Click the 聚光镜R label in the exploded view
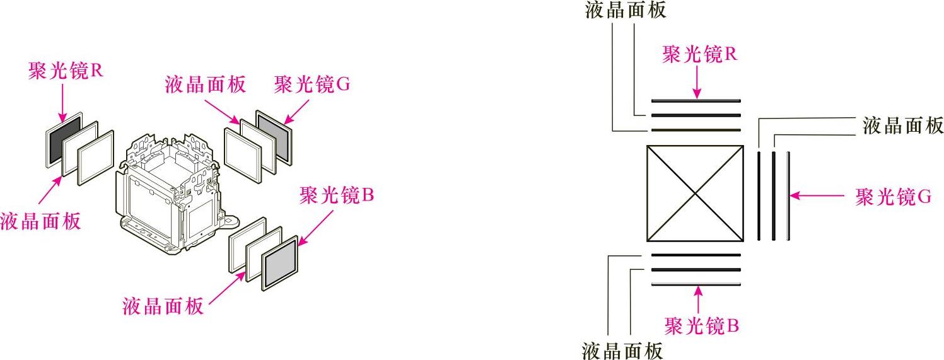(x=66, y=71)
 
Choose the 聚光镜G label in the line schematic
(x=893, y=197)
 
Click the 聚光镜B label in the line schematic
(x=701, y=325)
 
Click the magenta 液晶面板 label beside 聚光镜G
(x=205, y=85)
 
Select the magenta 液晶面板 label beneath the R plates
(x=40, y=222)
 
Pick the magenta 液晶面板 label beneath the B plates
(x=163, y=306)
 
